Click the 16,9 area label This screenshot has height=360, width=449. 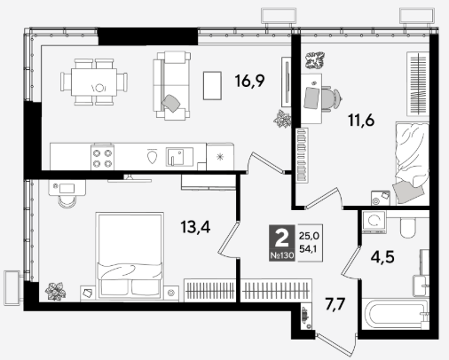coord(249,81)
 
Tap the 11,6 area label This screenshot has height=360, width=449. coord(361,121)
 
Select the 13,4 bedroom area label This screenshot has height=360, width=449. coord(195,227)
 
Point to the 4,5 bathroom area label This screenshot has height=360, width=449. coord(382,257)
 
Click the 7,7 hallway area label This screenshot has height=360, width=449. coord(335,304)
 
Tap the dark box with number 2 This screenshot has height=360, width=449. coord(282,243)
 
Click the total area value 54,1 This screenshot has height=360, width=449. coord(308,249)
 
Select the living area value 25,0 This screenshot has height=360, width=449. coord(309,236)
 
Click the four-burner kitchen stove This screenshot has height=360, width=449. coord(102,157)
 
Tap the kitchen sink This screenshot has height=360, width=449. coord(179,156)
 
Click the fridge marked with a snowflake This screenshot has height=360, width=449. coord(220,157)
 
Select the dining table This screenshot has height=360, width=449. coord(94,82)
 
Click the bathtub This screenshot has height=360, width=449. coord(395,314)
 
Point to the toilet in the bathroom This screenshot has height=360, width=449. coord(407,227)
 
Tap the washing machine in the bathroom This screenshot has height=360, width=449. coord(374,222)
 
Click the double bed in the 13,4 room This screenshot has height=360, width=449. coord(130,255)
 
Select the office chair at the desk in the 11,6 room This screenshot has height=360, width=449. coord(331,98)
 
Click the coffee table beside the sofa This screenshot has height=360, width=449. coord(212,86)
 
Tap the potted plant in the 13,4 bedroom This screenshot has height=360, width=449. coord(55,291)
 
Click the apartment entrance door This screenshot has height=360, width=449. coord(336,345)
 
